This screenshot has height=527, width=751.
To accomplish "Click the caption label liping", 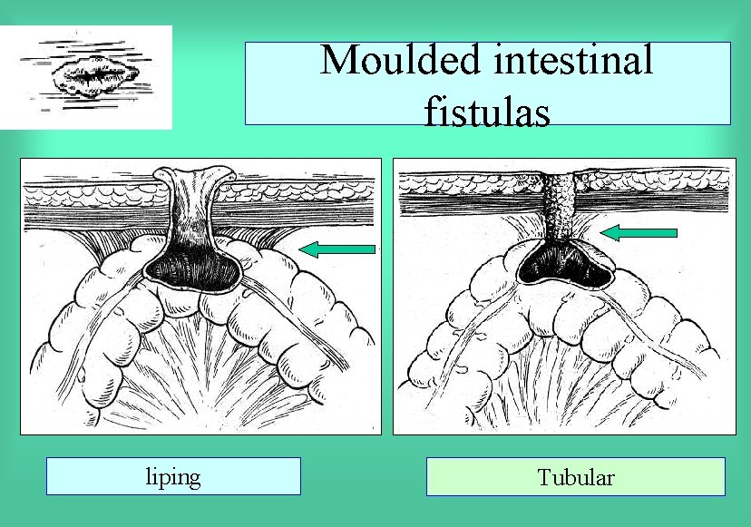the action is pos(173,476).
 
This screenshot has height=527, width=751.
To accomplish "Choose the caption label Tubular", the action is pos(575,477).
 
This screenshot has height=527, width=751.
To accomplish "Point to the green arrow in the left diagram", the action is pos(337,249).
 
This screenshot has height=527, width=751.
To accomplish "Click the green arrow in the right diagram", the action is pos(639,232).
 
